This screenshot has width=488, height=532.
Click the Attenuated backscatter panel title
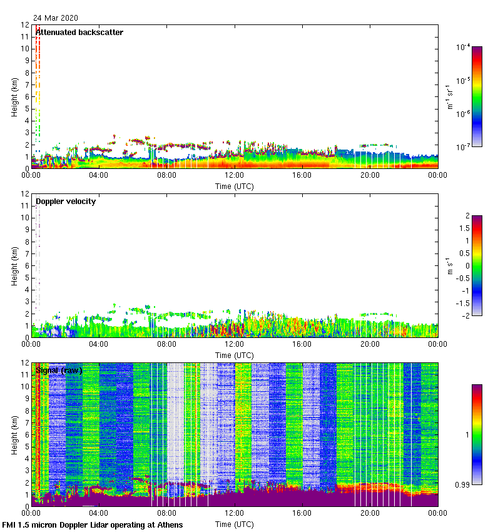tap(79, 32)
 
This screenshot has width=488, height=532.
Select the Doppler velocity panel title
tap(66, 201)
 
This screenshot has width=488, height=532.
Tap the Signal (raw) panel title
tap(59, 370)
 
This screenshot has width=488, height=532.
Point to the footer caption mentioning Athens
tap(93, 524)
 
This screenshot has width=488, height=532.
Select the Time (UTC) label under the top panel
tap(234, 187)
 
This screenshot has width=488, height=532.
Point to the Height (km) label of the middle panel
tap(14, 266)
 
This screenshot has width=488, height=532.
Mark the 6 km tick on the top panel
tap(26, 96)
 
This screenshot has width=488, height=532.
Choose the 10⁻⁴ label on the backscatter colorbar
tap(464, 47)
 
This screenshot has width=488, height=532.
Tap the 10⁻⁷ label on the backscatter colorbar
tap(464, 147)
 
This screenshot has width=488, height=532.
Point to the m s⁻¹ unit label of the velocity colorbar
tap(449, 266)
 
